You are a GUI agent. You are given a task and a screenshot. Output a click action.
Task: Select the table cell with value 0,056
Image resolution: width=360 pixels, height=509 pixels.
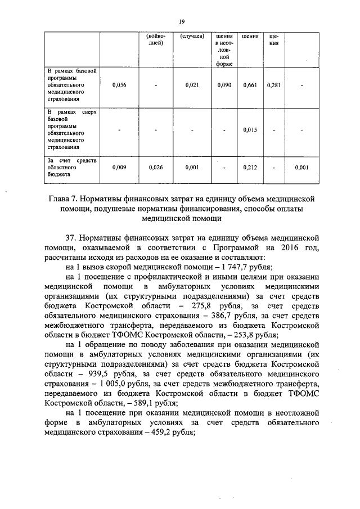point(119,85)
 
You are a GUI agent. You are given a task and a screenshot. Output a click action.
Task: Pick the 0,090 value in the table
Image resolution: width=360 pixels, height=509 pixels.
point(224,85)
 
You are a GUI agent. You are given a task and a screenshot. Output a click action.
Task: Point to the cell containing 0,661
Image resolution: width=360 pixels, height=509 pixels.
point(250,85)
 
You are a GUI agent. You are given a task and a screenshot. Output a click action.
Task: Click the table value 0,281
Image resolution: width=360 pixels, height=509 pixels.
point(274,85)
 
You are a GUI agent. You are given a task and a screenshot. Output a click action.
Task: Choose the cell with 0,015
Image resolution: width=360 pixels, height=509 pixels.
point(250,130)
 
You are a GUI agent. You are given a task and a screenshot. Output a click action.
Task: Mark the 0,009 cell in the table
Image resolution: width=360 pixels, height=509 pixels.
point(119,167)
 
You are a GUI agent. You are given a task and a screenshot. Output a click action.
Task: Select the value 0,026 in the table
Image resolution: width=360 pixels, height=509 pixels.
point(156,167)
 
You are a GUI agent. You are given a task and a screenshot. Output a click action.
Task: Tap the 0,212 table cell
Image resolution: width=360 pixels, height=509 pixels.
point(250,167)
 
